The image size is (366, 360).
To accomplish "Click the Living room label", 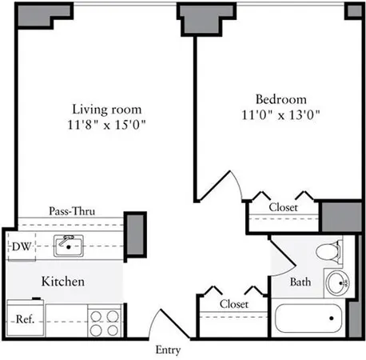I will tap(109, 109).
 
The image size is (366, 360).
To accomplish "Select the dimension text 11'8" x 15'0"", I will tap(109, 124).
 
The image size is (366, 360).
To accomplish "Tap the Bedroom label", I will tap(280, 99).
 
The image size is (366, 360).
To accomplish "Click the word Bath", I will tap(300, 282).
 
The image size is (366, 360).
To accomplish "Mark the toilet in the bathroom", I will tap(328, 251).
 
